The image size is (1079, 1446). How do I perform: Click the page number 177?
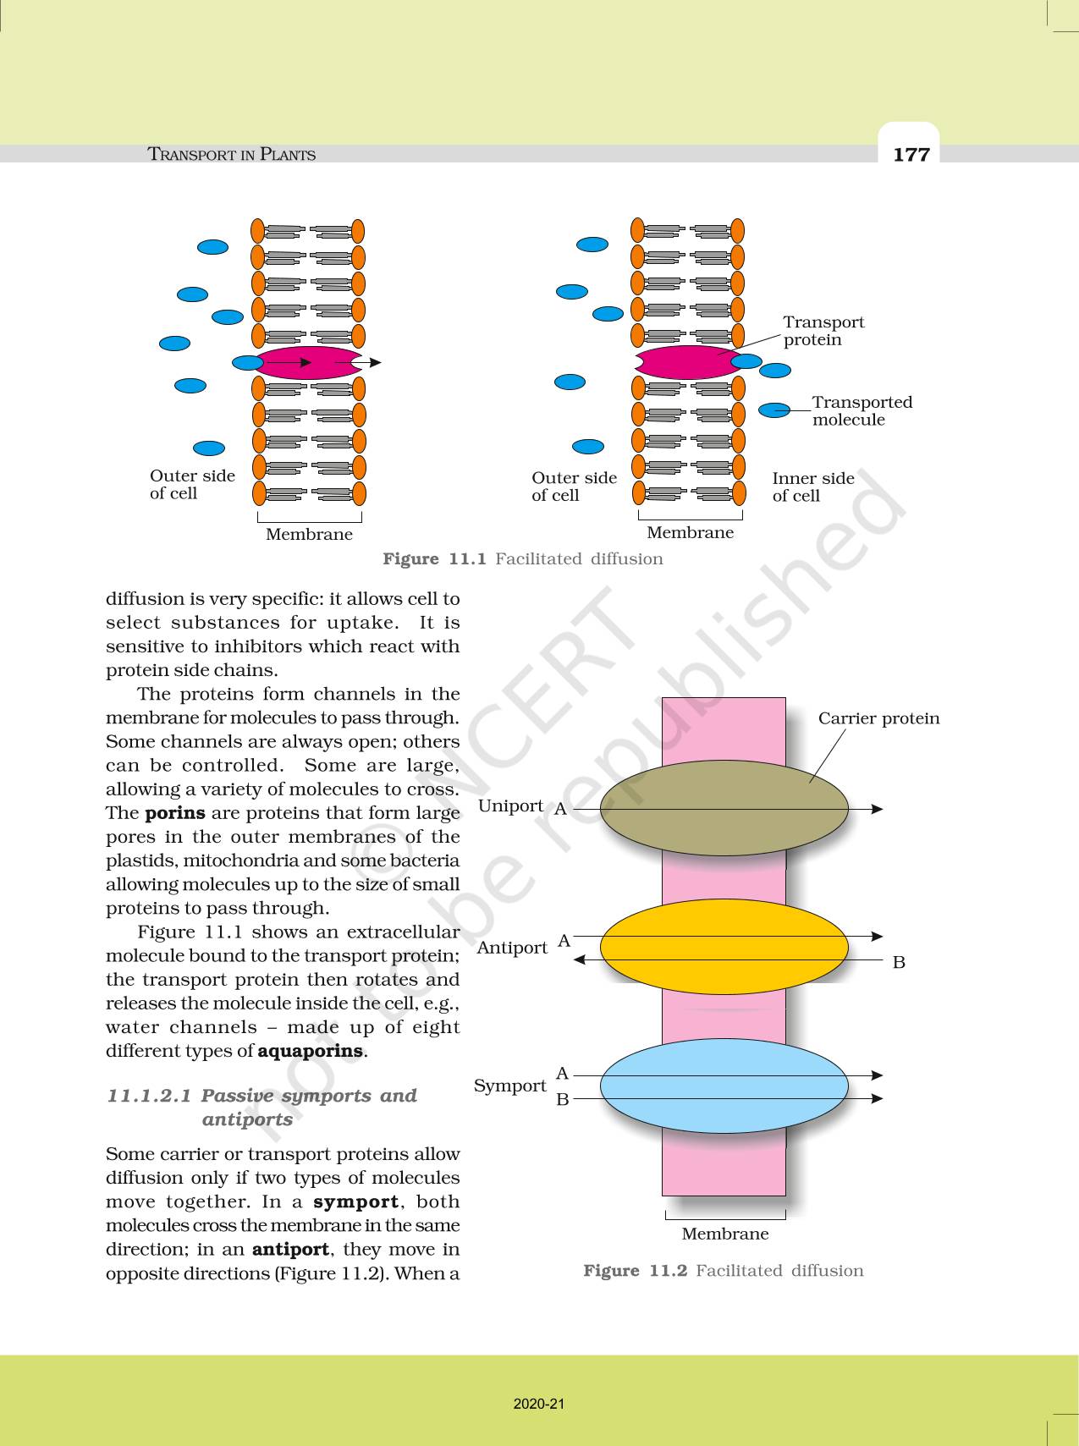[x=911, y=154]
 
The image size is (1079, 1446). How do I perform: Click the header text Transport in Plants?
[x=231, y=154]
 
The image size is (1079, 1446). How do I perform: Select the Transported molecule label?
[x=862, y=410]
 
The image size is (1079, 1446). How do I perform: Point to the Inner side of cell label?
[x=812, y=487]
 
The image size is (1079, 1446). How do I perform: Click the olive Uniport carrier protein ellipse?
[x=724, y=808]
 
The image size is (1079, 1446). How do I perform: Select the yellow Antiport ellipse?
[x=724, y=947]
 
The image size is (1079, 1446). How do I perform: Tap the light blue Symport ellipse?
[x=724, y=1086]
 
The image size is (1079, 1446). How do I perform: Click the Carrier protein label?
[x=878, y=718]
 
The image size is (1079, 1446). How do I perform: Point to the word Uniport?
[x=510, y=805]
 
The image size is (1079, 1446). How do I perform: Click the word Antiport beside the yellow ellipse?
[x=512, y=948]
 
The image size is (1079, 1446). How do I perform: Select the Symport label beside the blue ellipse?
[x=509, y=1086]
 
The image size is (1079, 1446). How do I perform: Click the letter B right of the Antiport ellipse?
[x=899, y=962]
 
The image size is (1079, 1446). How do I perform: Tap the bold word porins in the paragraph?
[x=175, y=813]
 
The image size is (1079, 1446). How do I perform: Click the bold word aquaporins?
[x=310, y=1051]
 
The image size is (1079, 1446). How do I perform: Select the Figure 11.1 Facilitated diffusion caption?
[x=522, y=558]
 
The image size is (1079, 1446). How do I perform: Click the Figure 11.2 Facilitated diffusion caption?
[x=723, y=1270]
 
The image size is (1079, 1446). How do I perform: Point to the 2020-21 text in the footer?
[x=538, y=1404]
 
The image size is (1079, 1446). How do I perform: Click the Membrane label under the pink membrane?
[x=725, y=1234]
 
